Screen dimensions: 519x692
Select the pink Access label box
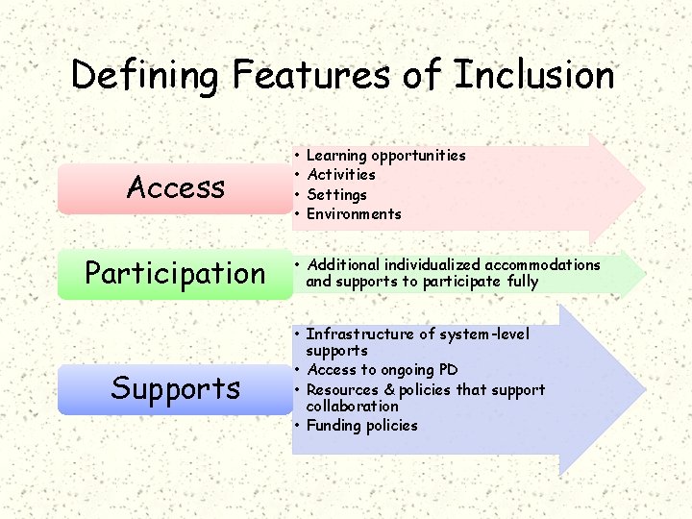pyautogui.click(x=176, y=187)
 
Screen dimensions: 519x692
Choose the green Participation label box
pyautogui.click(x=175, y=273)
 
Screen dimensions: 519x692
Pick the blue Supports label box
pyautogui.click(x=175, y=388)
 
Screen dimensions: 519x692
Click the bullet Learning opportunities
pyautogui.click(x=385, y=156)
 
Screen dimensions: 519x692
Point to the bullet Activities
pyautogui.click(x=340, y=175)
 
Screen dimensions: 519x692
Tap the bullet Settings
pyautogui.click(x=336, y=194)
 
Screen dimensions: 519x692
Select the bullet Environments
pyautogui.click(x=354, y=214)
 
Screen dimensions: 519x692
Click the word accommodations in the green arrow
pyautogui.click(x=542, y=264)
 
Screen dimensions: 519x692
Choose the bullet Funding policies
pyautogui.click(x=361, y=425)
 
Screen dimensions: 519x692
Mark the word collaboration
pyautogui.click(x=352, y=406)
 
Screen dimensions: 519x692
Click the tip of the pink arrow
pyautogui.click(x=643, y=185)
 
